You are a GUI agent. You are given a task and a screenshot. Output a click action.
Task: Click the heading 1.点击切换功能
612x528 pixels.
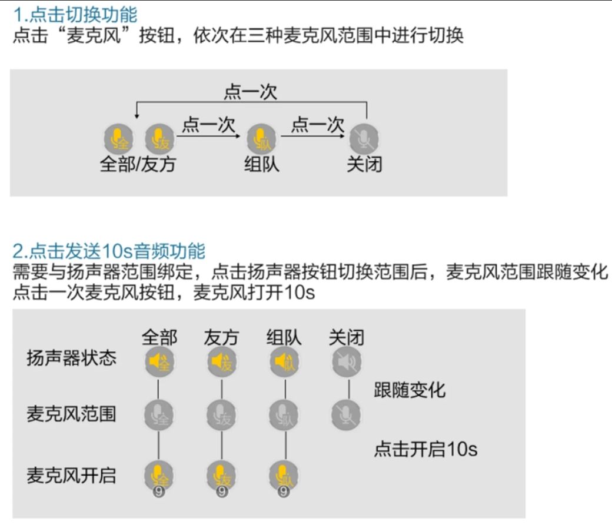pyautogui.click(x=75, y=15)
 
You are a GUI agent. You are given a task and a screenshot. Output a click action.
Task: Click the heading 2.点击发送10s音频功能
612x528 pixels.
pyautogui.click(x=109, y=251)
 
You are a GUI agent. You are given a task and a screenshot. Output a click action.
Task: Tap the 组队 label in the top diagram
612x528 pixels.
pyautogui.click(x=261, y=164)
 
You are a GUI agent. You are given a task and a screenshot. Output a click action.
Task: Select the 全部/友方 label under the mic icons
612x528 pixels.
pyautogui.click(x=138, y=164)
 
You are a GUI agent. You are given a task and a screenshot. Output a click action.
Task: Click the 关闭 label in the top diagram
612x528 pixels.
pyautogui.click(x=364, y=164)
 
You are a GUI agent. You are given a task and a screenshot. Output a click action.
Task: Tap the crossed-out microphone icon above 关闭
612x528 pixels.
pyautogui.click(x=364, y=139)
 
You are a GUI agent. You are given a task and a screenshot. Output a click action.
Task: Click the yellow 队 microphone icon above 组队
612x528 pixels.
pyautogui.click(x=261, y=139)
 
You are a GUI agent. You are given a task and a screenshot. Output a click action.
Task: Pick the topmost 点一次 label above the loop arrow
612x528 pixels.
pyautogui.click(x=250, y=92)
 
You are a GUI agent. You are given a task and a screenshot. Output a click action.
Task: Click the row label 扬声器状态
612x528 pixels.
pyautogui.click(x=71, y=358)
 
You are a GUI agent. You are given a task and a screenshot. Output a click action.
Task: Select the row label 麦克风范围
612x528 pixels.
pyautogui.click(x=71, y=414)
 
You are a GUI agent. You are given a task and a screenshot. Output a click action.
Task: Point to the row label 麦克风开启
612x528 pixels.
pyautogui.click(x=71, y=476)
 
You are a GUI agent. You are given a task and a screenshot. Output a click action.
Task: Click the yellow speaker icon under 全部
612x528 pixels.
pyautogui.click(x=159, y=362)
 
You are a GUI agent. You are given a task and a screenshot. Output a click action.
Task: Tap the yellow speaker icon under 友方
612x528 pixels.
pyautogui.click(x=222, y=362)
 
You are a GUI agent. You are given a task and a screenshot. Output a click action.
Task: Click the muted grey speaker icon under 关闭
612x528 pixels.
pyautogui.click(x=347, y=362)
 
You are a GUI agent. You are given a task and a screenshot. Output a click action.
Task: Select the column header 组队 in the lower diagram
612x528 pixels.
pyautogui.click(x=284, y=337)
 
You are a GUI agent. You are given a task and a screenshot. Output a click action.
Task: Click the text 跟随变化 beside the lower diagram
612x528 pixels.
pyautogui.click(x=410, y=390)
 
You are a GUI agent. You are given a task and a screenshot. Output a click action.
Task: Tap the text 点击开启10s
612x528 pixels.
pyautogui.click(x=425, y=449)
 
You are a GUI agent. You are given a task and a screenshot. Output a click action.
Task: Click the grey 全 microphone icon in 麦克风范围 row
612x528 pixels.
pyautogui.click(x=159, y=415)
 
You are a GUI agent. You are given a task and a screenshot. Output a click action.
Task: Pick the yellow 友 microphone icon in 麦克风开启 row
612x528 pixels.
pyautogui.click(x=221, y=476)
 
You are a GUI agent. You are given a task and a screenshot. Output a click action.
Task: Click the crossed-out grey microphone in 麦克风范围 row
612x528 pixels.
pyautogui.click(x=346, y=415)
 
